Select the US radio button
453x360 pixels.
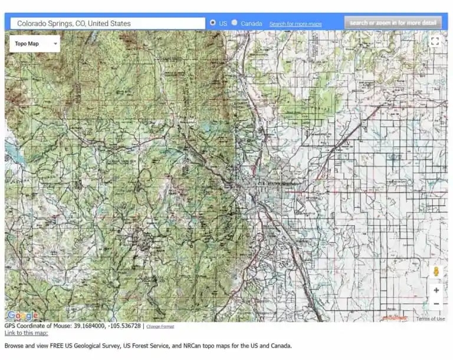(212, 23)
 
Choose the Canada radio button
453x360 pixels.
(235, 23)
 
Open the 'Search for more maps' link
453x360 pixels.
(296, 24)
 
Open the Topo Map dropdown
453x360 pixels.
(35, 44)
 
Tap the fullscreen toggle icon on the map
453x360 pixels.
(435, 41)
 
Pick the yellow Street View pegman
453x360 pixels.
(436, 272)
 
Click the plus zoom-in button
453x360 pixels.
(436, 290)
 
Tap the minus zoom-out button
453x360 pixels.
(436, 304)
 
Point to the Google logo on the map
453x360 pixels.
(22, 316)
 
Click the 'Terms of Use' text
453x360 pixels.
(431, 319)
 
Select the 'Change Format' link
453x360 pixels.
(160, 326)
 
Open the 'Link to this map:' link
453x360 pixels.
(26, 333)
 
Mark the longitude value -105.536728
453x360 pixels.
(123, 326)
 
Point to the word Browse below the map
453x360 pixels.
(14, 346)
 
